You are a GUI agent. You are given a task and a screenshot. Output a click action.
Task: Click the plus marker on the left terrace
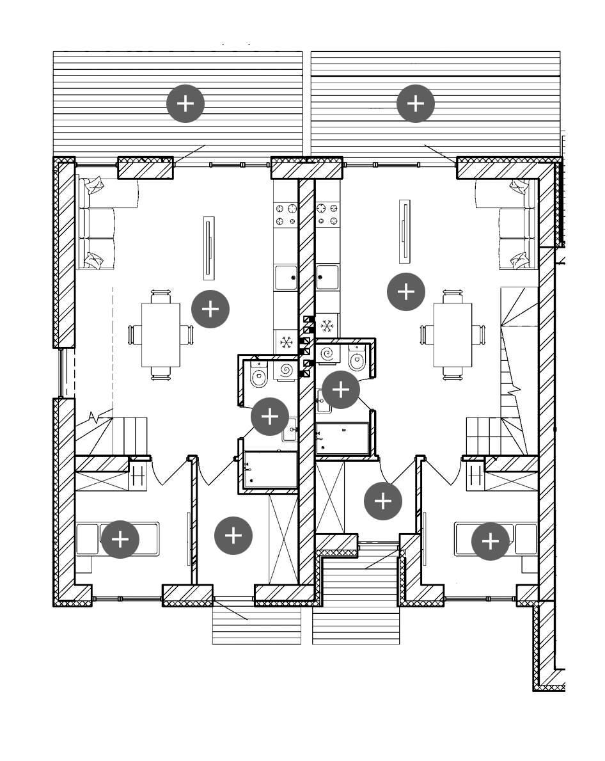185,103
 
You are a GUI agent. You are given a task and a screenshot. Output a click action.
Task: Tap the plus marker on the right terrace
416,103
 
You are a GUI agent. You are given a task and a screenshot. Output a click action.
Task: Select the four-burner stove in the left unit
286,214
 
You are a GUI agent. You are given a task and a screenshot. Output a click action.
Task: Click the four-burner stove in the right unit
327,214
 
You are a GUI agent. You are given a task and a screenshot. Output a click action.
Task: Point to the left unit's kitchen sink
286,277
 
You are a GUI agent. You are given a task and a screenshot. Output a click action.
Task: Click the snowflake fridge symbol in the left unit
286,342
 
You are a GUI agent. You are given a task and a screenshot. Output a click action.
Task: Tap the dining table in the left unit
161,334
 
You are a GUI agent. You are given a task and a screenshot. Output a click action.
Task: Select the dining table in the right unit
453,334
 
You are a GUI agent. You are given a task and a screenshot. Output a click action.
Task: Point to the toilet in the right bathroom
356,359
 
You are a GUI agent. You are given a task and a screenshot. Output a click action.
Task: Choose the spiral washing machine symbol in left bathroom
286,370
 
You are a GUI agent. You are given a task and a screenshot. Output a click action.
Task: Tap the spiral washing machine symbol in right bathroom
328,353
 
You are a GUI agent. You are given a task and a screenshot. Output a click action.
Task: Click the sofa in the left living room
96,224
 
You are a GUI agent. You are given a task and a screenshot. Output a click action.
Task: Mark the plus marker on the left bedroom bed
120,540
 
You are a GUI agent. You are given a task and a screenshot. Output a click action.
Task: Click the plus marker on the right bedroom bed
491,541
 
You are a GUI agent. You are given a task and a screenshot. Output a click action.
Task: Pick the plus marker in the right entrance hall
383,501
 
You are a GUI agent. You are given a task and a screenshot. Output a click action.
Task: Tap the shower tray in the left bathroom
271,470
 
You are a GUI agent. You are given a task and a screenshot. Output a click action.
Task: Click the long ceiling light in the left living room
208,248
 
